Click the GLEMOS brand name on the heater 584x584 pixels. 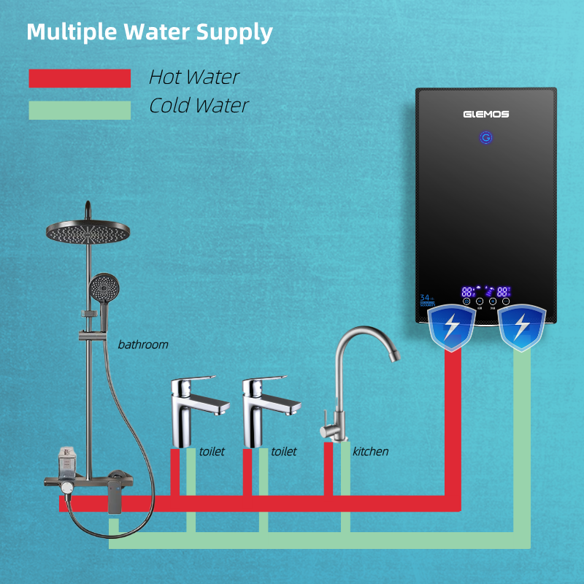pyautogui.click(x=485, y=114)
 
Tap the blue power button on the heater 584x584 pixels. pyautogui.click(x=486, y=137)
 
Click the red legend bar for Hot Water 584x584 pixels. pyautogui.click(x=80, y=78)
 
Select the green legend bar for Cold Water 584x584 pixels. pyautogui.click(x=80, y=110)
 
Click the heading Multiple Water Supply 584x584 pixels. pyautogui.click(x=150, y=32)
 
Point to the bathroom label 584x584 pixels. pyautogui.click(x=143, y=345)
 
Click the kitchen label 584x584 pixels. pyautogui.click(x=370, y=452)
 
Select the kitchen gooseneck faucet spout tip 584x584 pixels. pyautogui.click(x=396, y=357)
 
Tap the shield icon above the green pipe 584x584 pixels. pyautogui.click(x=522, y=326)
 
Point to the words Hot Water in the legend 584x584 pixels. pyautogui.click(x=194, y=77)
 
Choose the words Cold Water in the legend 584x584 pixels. pyautogui.click(x=199, y=106)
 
